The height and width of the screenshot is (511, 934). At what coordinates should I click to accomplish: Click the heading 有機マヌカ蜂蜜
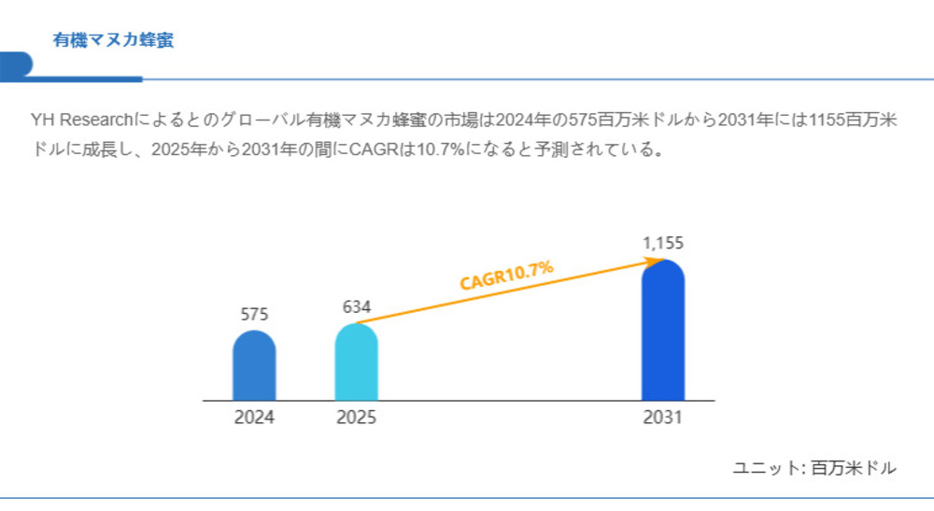coord(113,40)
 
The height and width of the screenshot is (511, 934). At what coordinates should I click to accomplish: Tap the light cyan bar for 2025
coord(356,363)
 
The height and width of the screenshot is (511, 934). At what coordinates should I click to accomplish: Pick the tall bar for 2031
coord(663,332)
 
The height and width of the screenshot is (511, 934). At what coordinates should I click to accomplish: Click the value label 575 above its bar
coord(254,314)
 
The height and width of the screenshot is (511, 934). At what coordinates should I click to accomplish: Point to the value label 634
coord(357,306)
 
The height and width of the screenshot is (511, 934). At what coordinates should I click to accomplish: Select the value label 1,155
coord(663,243)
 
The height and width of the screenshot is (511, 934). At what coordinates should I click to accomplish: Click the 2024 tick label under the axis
coord(254,418)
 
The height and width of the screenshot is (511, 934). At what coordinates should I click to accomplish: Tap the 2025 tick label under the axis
coord(356,418)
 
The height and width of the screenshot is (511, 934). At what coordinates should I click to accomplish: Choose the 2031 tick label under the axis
coord(663,418)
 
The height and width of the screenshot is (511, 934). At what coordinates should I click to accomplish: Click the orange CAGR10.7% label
coord(506,277)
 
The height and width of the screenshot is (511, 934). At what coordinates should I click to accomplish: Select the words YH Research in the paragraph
coord(82,121)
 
